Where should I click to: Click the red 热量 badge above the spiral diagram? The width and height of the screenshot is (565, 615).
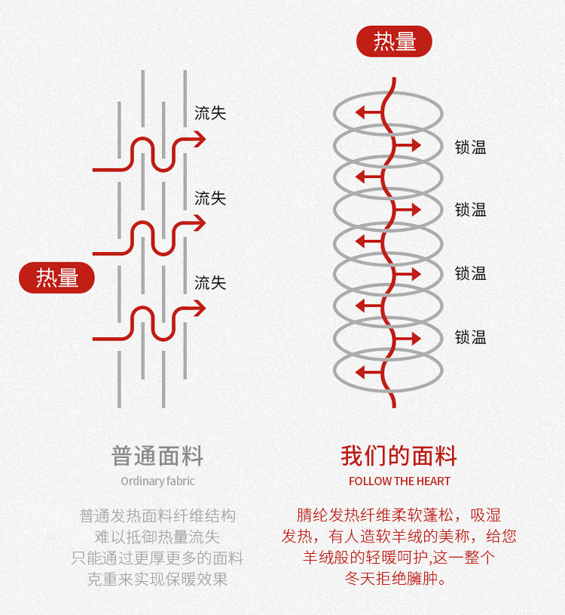[394, 42]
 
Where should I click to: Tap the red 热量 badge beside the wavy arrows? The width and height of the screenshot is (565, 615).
[56, 278]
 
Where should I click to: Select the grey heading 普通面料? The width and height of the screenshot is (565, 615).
[157, 457]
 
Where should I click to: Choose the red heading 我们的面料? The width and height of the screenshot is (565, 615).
[399, 457]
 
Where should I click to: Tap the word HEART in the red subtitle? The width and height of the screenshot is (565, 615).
[434, 481]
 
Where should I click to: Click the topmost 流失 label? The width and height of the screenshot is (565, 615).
[210, 113]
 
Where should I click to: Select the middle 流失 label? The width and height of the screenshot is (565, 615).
[210, 198]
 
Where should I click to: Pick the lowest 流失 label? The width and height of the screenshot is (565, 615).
[210, 283]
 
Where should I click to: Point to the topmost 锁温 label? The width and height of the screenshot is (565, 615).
[471, 148]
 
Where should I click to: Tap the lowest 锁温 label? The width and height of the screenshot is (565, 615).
[471, 337]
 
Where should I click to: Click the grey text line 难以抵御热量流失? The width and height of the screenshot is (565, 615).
[157, 537]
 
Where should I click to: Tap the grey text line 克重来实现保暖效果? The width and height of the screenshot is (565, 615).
[157, 580]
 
